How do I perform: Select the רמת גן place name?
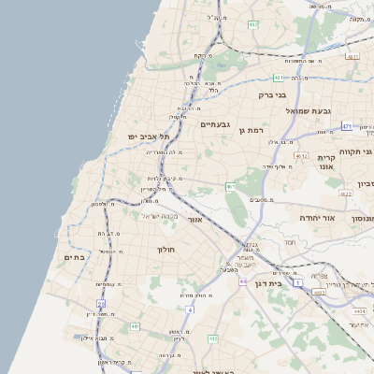coord(253,130)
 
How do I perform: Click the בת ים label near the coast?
coord(76,256)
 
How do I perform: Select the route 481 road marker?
coord(278,78)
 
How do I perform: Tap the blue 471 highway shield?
coord(347,126)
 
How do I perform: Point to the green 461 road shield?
coord(230,187)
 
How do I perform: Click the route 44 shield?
coord(243,280)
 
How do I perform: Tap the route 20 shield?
coord(101,303)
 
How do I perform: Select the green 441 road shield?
coord(135,326)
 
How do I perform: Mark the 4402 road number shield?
coord(319,293)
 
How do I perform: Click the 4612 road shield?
coord(300,156)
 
